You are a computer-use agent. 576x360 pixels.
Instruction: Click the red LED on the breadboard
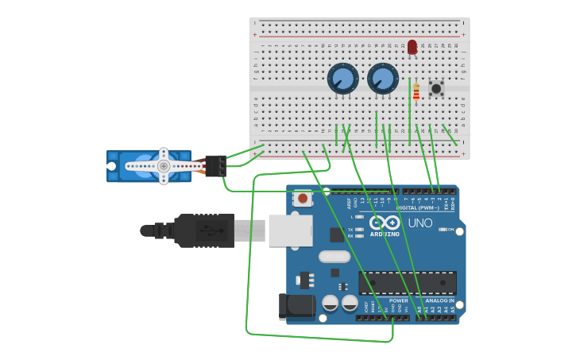[x=412, y=46]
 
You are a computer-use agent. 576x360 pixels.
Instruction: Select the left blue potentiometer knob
[x=342, y=79]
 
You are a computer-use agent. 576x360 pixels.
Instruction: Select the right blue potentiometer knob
[x=383, y=79]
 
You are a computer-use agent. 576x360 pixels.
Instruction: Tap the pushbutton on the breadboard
[x=436, y=88]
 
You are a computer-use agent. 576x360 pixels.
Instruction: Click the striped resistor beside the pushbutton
[x=416, y=92]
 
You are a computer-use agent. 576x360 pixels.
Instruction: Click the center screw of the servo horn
[x=163, y=166]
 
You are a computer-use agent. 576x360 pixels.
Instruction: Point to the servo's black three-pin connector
[x=215, y=165]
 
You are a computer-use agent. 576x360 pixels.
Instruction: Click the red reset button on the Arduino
[x=302, y=198]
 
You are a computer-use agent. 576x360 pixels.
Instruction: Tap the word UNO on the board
[x=419, y=223]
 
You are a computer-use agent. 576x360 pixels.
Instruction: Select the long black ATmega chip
[x=408, y=283]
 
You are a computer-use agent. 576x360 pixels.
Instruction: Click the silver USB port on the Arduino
[x=289, y=230]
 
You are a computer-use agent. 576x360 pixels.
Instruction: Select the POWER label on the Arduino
[x=399, y=300]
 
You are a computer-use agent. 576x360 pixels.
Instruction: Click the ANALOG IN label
[x=440, y=300]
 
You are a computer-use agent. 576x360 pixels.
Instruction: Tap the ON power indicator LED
[x=443, y=230]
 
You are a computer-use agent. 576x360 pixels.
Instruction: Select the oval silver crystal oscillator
[x=334, y=257]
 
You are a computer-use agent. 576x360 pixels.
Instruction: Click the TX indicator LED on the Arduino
[x=359, y=230]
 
